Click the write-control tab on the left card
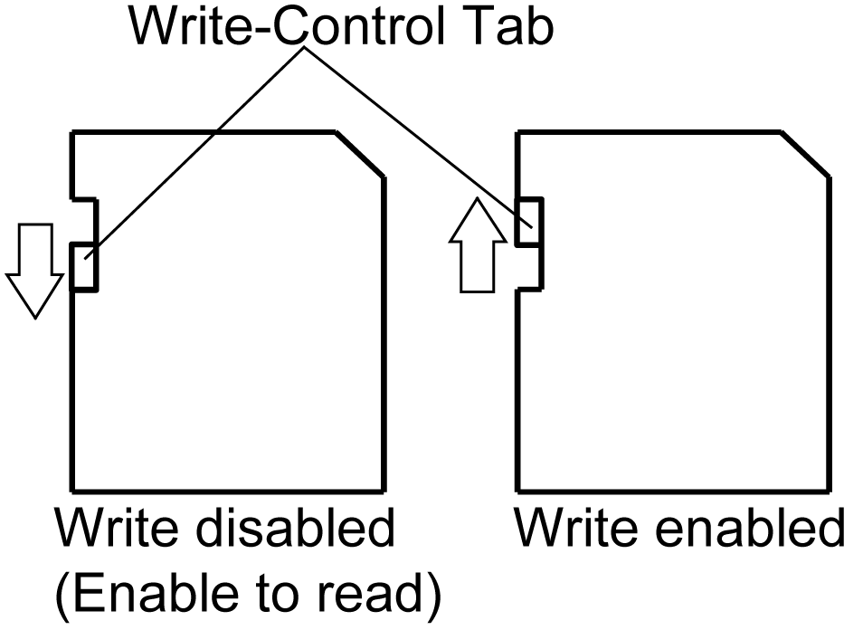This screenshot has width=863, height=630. click(x=82, y=267)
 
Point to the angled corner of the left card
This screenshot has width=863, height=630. click(x=360, y=155)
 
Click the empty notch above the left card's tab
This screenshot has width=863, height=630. click(x=83, y=221)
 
